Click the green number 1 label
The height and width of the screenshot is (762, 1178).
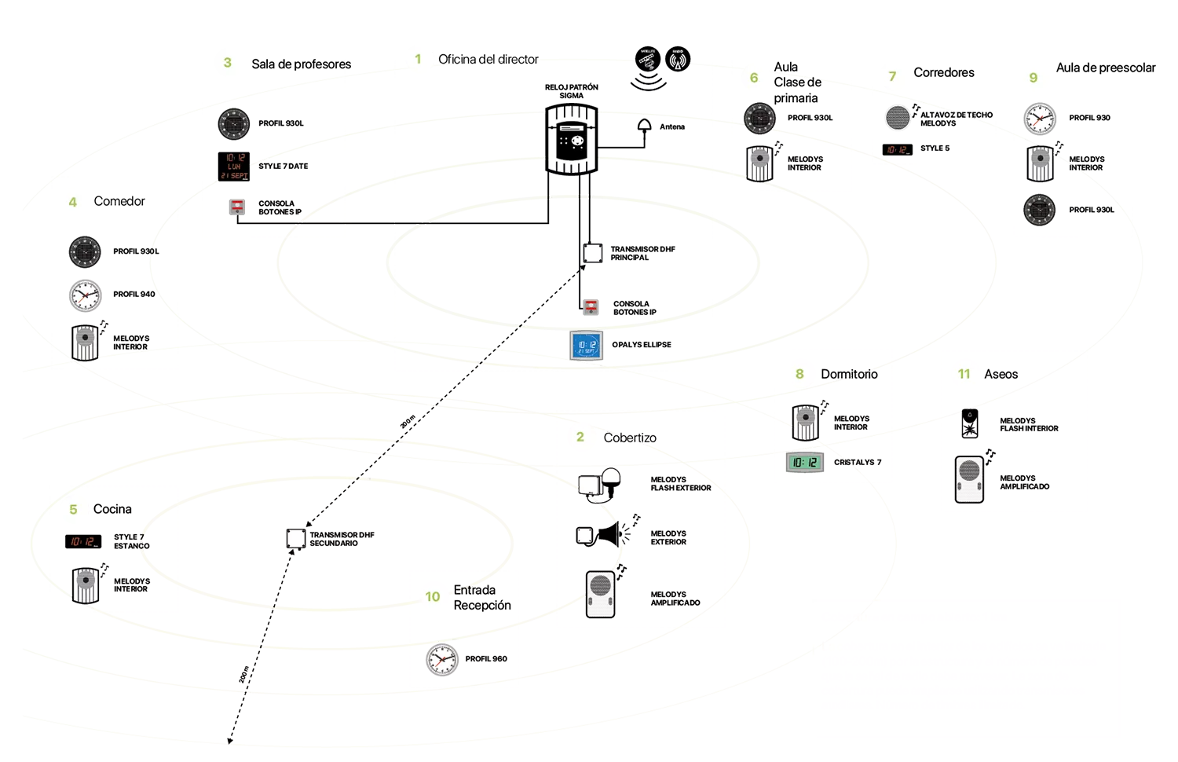click(x=418, y=59)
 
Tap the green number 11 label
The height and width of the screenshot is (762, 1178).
click(x=964, y=374)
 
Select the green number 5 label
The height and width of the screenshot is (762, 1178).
click(x=73, y=510)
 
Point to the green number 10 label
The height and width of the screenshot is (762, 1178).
click(x=433, y=596)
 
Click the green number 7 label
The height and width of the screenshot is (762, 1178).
click(x=892, y=76)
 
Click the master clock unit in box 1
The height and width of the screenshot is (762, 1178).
click(x=573, y=140)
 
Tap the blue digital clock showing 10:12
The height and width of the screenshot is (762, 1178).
click(x=587, y=346)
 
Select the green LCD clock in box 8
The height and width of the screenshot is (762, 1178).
click(x=805, y=463)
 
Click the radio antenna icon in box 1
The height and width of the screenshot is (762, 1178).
click(x=678, y=60)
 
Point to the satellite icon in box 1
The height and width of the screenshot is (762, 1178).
click(x=648, y=60)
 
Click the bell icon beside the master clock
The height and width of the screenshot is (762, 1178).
click(x=644, y=124)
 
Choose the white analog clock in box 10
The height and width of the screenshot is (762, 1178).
click(x=442, y=659)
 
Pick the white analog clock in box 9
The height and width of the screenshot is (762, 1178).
click(x=1040, y=119)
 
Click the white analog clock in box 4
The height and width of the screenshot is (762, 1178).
click(x=85, y=296)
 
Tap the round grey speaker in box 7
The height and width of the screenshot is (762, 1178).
click(x=898, y=117)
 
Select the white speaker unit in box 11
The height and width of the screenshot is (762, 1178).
click(x=970, y=478)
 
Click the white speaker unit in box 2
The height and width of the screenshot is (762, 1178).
click(x=600, y=593)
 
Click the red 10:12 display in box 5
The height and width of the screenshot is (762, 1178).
click(x=82, y=542)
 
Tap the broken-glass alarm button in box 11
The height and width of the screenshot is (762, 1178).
click(x=970, y=427)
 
